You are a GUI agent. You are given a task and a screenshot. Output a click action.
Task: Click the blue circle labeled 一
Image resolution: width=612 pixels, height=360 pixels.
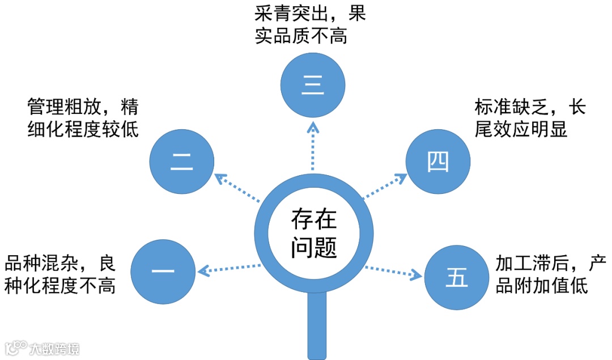[163, 271]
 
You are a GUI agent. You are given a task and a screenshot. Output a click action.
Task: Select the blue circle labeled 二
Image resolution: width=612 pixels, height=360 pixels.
[182, 162]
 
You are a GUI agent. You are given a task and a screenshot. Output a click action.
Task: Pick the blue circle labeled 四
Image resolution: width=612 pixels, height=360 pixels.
[439, 163]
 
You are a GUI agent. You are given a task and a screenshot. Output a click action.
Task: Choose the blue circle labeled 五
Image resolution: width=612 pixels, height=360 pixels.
[457, 277]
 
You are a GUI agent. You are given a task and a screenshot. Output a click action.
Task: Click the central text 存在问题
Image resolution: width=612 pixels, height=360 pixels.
[313, 232]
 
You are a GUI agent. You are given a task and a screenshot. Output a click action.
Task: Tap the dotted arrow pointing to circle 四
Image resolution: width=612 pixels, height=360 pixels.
[385, 187]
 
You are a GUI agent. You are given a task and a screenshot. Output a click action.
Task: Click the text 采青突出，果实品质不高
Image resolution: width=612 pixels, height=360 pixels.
[309, 24]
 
